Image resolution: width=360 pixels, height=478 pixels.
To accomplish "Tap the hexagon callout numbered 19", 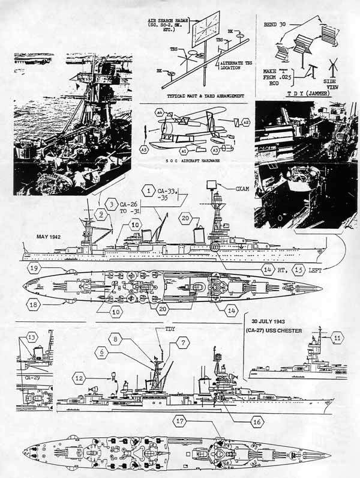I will click(35, 268).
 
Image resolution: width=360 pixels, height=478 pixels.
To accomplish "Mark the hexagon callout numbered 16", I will click(257, 422).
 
